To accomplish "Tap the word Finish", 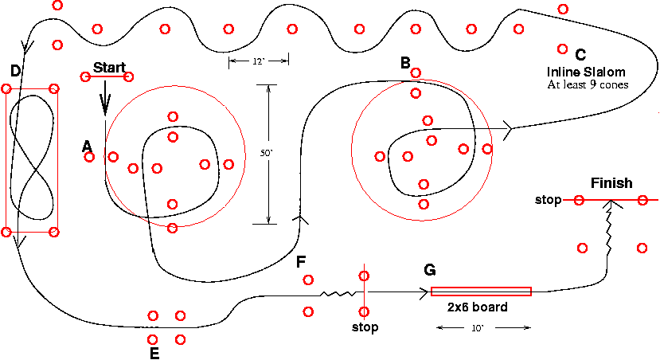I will [x=611, y=184].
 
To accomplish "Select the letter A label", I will [x=87, y=145].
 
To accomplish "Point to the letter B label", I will [x=405, y=62].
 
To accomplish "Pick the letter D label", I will [x=15, y=72].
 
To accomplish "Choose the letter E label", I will [x=154, y=351].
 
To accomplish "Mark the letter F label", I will [x=300, y=261].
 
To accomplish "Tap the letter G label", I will [x=429, y=271].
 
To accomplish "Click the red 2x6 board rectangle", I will [x=481, y=291].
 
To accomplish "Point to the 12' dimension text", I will [x=259, y=61].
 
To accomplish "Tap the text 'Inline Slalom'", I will [x=580, y=72].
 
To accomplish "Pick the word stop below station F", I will [x=365, y=327].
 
